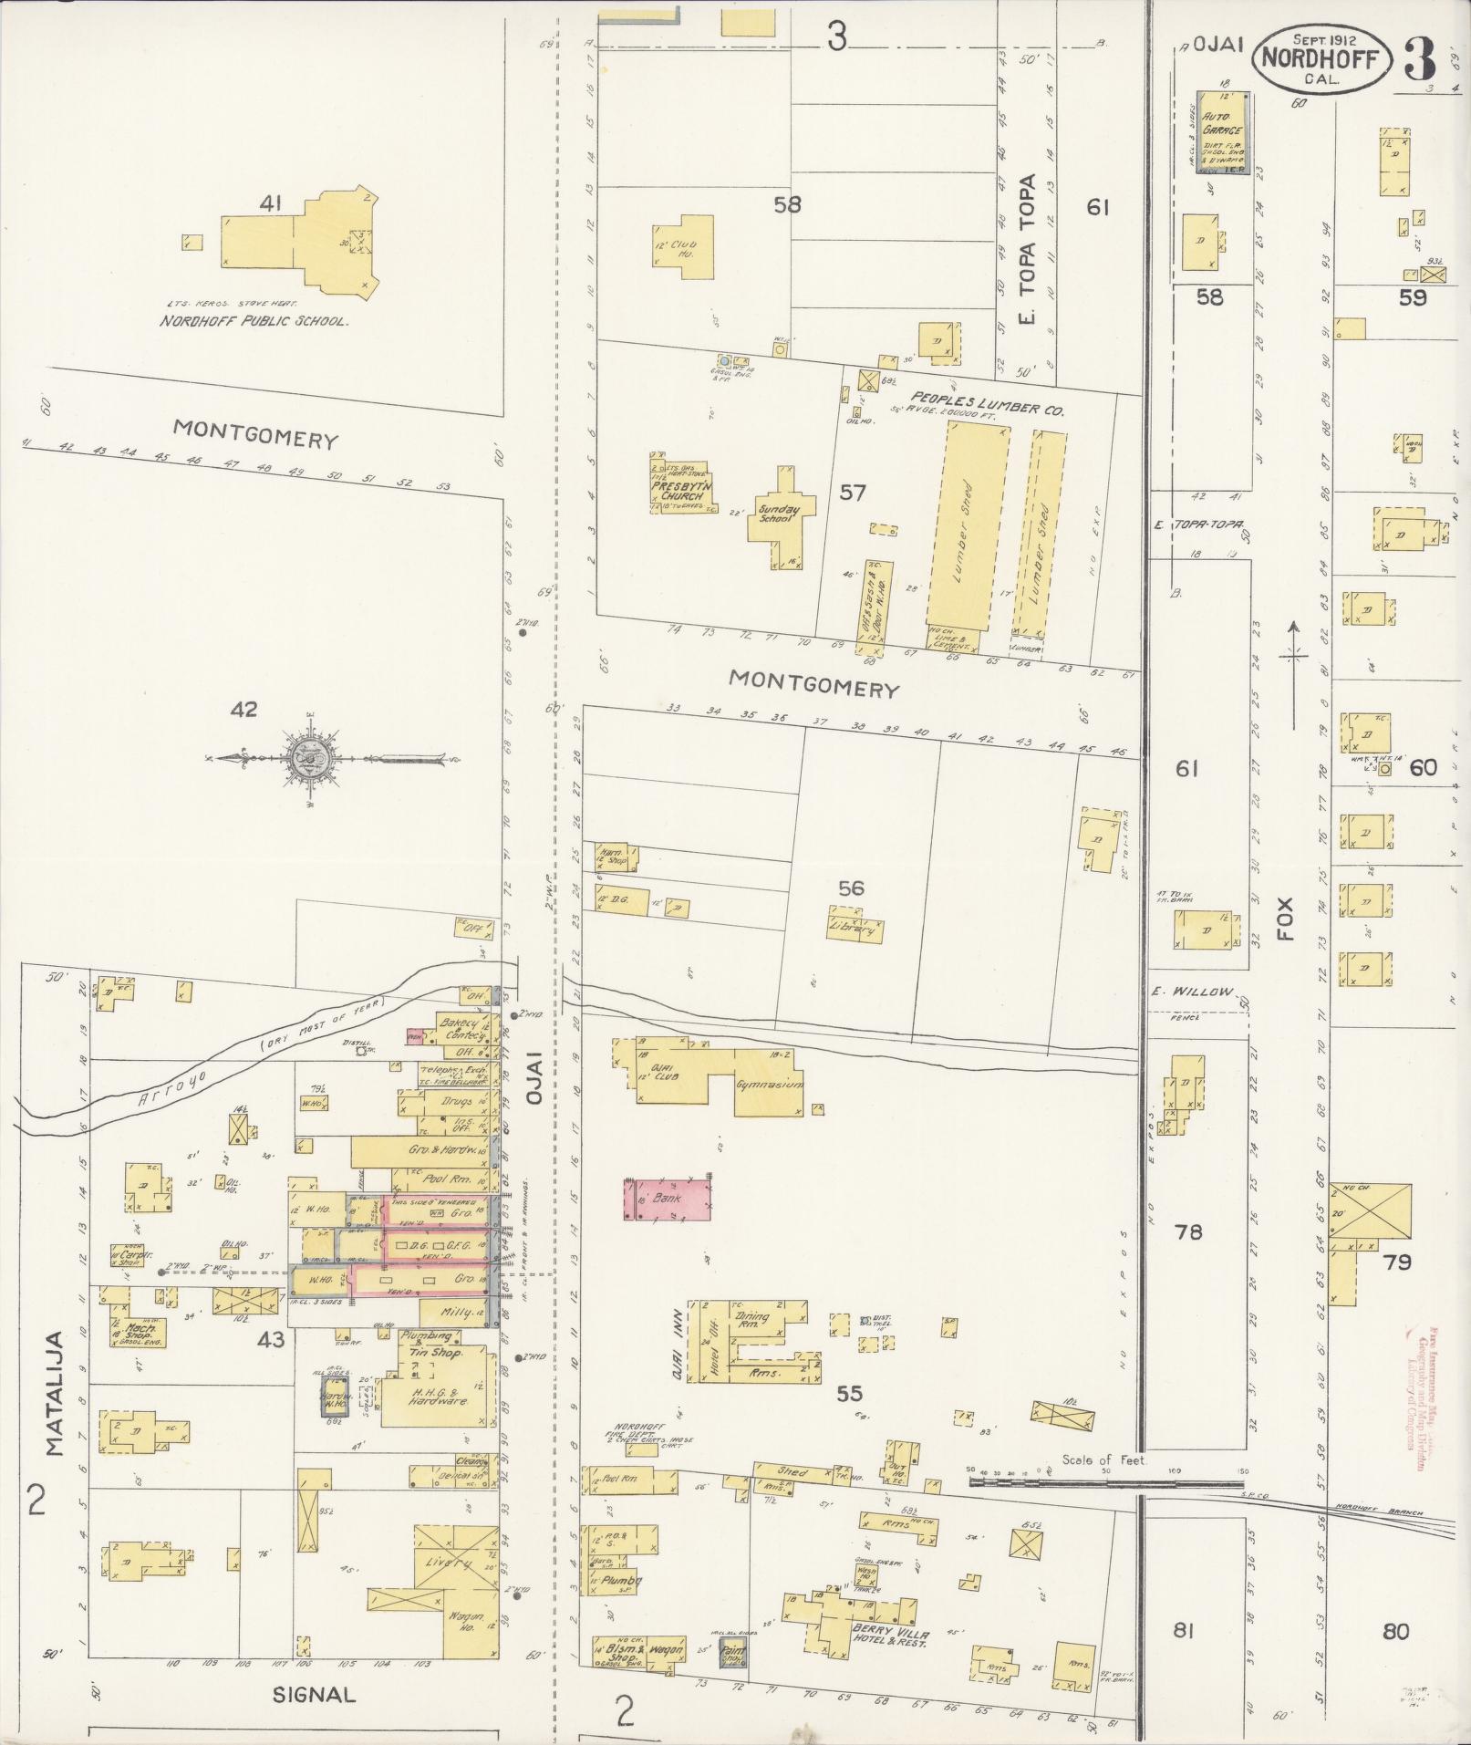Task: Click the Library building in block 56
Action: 855,927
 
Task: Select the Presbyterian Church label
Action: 678,490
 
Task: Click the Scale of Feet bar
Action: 1103,1483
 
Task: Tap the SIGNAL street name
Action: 313,1694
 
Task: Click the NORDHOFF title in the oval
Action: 1321,60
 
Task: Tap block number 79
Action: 1396,1262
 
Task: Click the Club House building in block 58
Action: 683,242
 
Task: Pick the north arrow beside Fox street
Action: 1293,675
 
